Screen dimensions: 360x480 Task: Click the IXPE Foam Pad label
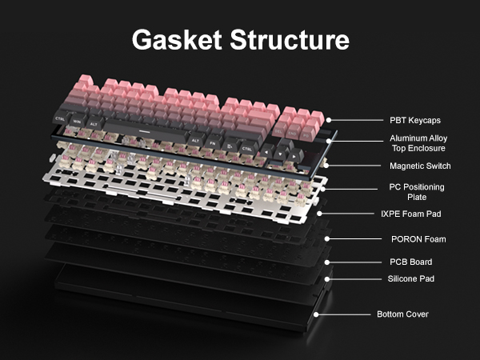pos(409,214)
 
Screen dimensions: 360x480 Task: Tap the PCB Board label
pos(409,262)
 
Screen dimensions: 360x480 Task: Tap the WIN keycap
pos(78,122)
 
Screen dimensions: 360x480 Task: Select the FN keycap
pos(213,143)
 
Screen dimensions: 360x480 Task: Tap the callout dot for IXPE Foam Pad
pos(320,214)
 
